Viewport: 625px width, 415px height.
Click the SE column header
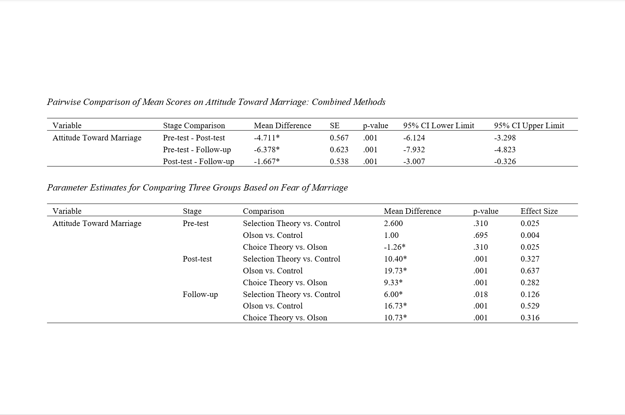334,125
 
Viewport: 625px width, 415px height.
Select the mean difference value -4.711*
267,138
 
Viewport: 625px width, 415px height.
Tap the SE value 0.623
339,150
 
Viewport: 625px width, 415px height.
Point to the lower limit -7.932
414,150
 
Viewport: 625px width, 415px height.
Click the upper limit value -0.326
505,161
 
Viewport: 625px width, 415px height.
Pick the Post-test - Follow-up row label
198,161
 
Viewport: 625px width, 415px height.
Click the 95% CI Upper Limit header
529,125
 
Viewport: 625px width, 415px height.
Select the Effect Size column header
539,211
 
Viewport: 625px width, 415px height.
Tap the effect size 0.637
530,271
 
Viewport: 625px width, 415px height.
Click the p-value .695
480,235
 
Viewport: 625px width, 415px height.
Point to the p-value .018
480,294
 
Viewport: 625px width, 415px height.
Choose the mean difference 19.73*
395,271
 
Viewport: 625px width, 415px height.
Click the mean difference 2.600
393,223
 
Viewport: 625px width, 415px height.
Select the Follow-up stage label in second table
200,294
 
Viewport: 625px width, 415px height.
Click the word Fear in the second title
289,187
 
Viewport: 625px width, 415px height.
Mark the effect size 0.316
530,318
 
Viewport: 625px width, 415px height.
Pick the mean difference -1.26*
394,247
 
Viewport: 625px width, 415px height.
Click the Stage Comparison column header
194,125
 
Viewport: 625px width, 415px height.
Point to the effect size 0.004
530,235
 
